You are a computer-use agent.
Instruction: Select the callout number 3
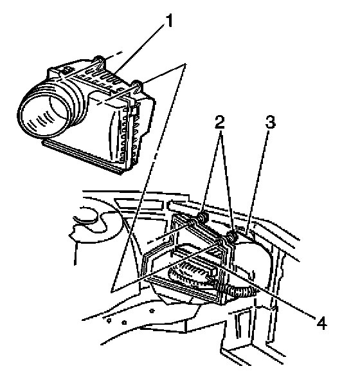pyautogui.click(x=270, y=122)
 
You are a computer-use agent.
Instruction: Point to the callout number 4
pyautogui.click(x=321, y=323)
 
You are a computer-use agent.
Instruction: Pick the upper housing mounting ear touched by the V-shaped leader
pyautogui.click(x=138, y=86)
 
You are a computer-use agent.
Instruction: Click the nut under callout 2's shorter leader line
pyautogui.click(x=203, y=217)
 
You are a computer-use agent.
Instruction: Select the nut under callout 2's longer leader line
pyautogui.click(x=231, y=236)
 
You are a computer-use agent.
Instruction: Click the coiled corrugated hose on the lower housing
pyautogui.click(x=241, y=291)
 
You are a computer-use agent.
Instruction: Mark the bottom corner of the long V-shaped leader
pyautogui.click(x=112, y=291)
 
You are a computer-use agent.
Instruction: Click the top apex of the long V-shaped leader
pyautogui.click(x=186, y=64)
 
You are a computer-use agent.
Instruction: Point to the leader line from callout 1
pyautogui.click(x=139, y=48)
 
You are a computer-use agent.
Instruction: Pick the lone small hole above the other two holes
pyautogui.click(x=152, y=311)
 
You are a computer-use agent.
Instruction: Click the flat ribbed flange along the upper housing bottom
pyautogui.click(x=83, y=157)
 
